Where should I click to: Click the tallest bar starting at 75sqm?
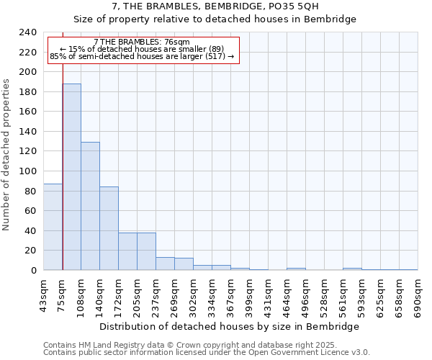click(71, 177)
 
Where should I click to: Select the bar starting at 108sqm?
click(90, 206)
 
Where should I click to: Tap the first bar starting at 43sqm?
click(53, 227)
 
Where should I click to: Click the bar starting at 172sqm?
click(127, 251)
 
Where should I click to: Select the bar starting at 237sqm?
click(165, 264)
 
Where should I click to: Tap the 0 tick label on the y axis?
click(33, 271)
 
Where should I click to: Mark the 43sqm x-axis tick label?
click(43, 294)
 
